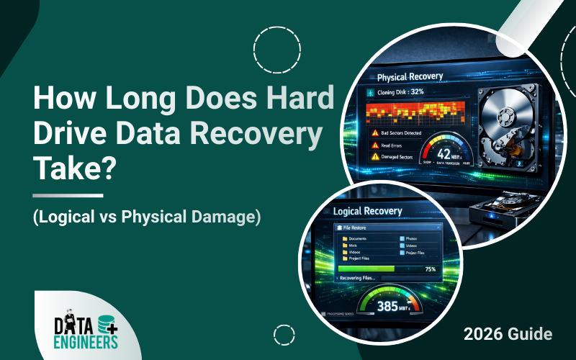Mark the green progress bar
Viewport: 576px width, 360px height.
[366, 269]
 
